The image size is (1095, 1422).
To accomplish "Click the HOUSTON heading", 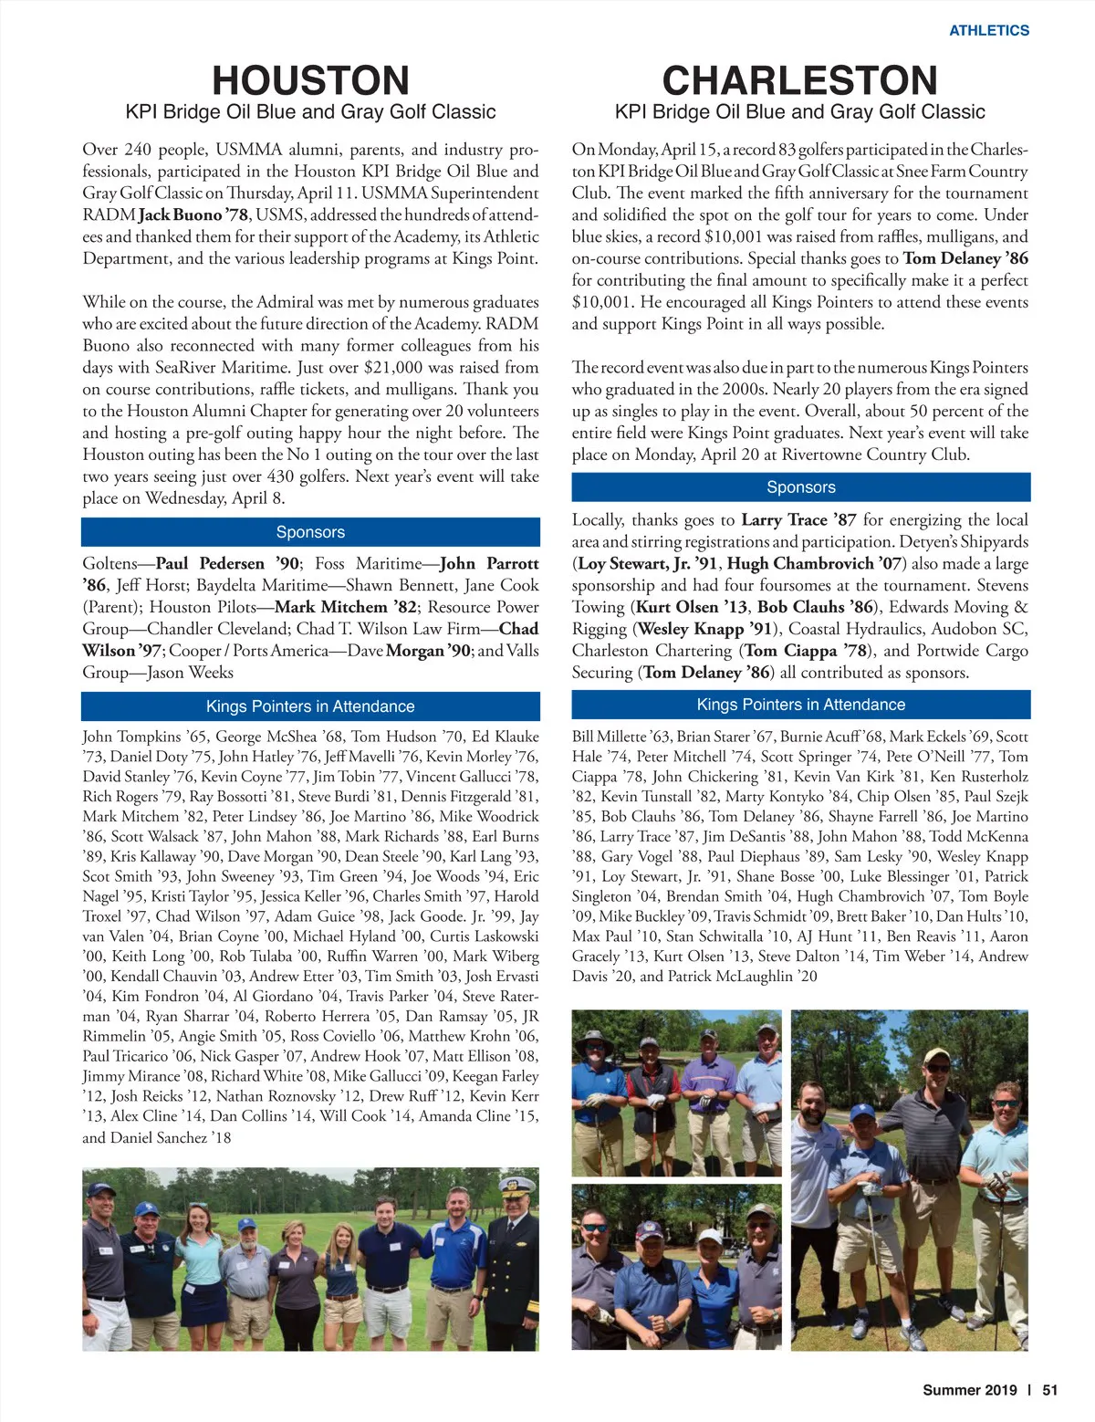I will click(310, 80).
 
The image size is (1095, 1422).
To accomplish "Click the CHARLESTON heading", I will click(799, 80).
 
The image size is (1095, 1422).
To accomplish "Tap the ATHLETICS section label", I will click(988, 30).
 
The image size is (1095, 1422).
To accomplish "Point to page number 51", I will click(1049, 1390).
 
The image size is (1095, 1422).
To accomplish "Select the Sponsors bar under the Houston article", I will click(310, 532).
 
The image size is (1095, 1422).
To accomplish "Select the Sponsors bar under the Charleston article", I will click(800, 487).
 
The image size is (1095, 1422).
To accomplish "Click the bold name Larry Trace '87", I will click(798, 520).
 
